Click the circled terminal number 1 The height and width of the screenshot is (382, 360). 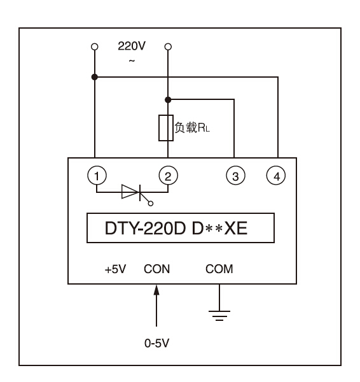(97, 176)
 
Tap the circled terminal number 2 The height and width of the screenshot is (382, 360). (168, 176)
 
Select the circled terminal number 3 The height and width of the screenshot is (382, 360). (235, 176)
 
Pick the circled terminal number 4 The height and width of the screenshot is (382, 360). (276, 176)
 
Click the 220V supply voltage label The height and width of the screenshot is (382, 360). (132, 46)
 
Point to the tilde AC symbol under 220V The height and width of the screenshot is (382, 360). (132, 60)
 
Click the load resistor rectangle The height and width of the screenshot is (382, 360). (166, 128)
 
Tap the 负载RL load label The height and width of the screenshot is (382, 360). (192, 127)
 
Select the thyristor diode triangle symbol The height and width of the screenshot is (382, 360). (131, 192)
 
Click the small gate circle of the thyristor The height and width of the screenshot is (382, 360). (151, 204)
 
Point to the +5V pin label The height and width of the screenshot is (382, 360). (115, 269)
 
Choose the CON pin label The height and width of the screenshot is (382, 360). (156, 269)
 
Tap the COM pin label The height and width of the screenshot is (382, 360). (219, 269)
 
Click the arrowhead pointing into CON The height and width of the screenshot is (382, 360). (156, 290)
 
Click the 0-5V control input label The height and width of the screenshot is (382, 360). (156, 343)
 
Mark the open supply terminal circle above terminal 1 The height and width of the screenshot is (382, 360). (95, 46)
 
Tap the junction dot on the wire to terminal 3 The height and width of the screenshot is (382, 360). (168, 100)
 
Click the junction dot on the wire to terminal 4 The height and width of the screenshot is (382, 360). (95, 77)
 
